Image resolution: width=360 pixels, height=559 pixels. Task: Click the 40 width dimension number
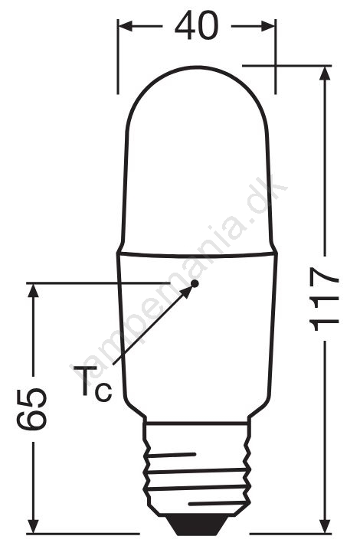(x=196, y=26)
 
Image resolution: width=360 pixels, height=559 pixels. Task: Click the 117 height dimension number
(x=324, y=299)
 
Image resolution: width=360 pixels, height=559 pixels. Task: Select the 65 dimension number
(x=31, y=408)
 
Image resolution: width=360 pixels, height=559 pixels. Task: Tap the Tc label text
(x=93, y=383)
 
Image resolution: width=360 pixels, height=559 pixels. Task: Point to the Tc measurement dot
(x=195, y=284)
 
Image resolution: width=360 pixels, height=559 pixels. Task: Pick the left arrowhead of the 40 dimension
(x=125, y=26)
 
